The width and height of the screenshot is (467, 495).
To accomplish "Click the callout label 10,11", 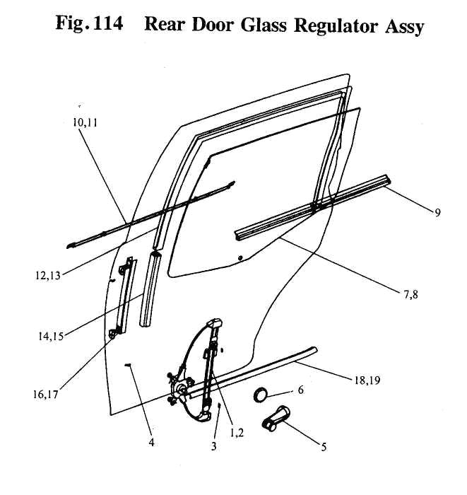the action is (85, 122).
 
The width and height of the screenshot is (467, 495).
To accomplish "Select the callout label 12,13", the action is (47, 275).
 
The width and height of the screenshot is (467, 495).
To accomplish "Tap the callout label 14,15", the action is (51, 336).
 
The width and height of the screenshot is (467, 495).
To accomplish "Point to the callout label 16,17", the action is (46, 395).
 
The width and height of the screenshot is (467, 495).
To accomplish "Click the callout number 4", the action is (152, 443).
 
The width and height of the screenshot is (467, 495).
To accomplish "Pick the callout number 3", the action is (214, 446).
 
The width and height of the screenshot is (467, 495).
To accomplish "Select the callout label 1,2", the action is (237, 433).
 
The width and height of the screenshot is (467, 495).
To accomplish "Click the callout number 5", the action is (324, 447).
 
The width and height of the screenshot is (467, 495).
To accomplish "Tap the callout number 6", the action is (300, 390).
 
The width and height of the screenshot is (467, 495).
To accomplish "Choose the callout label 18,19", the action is (367, 380).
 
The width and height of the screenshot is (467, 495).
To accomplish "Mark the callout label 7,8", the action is (410, 295).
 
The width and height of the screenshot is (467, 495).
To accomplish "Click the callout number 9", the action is (437, 213).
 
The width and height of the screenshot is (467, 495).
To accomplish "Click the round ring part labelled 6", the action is (261, 395).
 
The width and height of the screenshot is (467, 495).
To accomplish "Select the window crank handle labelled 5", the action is (276, 418).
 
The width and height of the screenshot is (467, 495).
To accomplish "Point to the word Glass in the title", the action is (264, 24).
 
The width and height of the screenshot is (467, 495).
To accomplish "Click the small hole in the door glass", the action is (240, 258).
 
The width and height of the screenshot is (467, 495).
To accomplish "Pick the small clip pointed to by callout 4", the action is (128, 365).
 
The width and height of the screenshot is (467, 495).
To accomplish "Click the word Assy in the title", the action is (404, 27).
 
